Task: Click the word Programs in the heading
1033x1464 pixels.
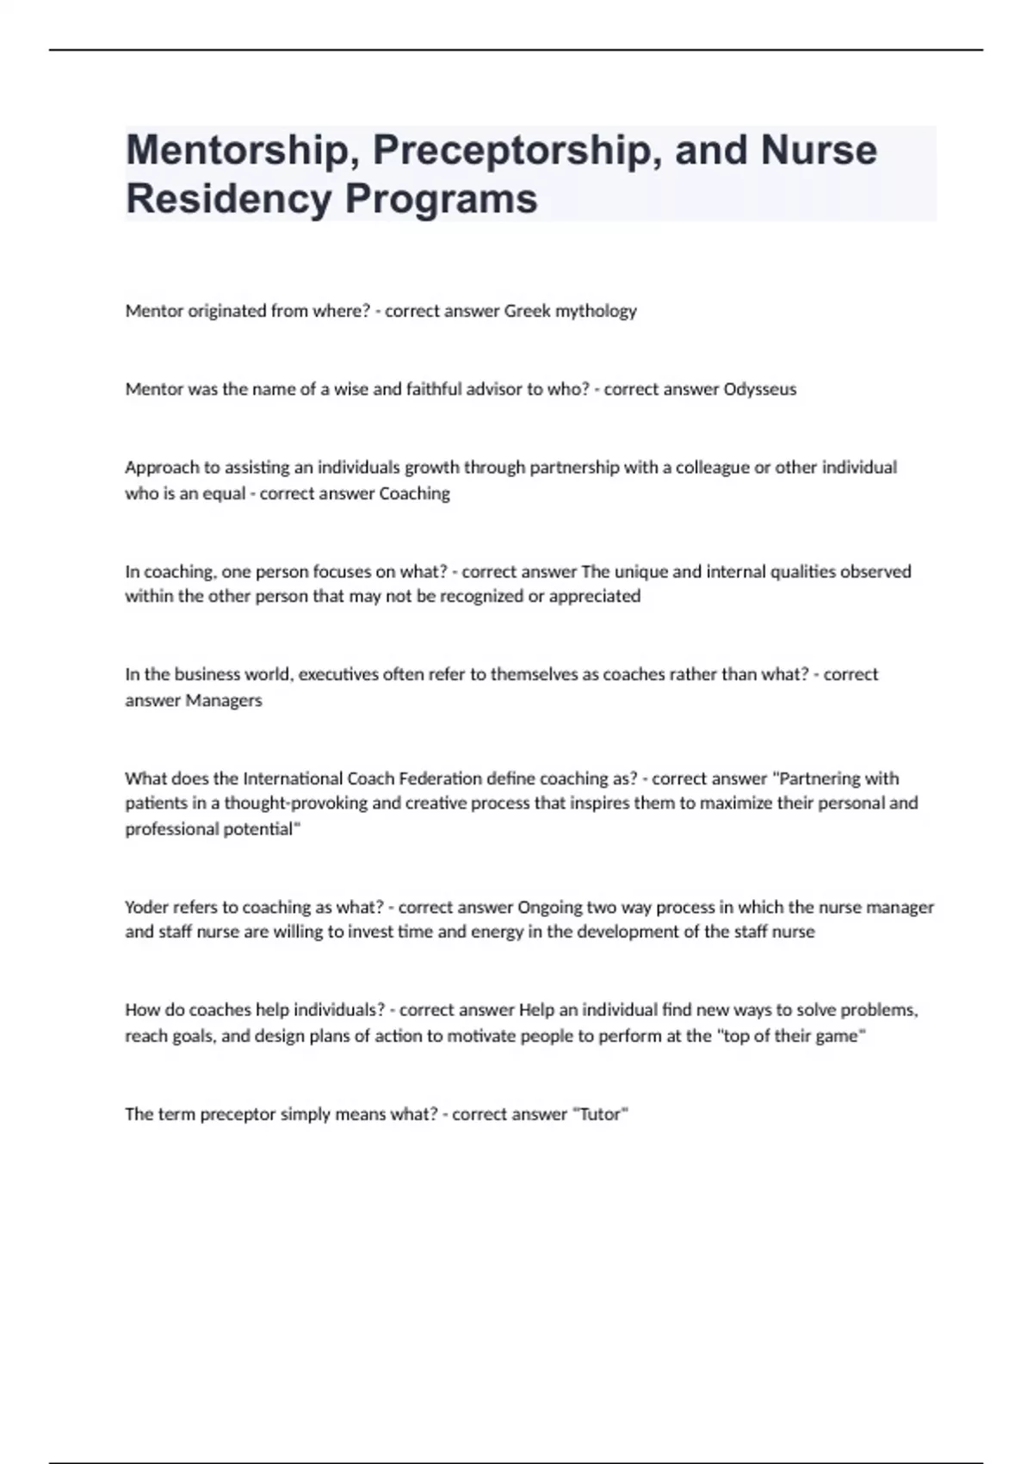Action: (441, 199)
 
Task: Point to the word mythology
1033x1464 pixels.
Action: (596, 311)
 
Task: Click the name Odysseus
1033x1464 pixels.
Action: (759, 389)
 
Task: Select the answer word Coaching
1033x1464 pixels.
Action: (414, 493)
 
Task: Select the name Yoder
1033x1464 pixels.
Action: (146, 907)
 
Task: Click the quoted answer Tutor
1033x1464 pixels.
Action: (600, 1114)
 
